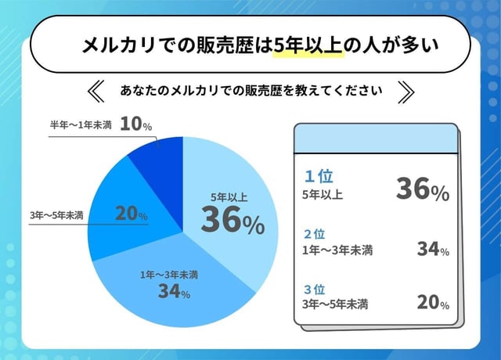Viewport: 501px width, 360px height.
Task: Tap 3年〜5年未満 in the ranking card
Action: coord(335,304)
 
